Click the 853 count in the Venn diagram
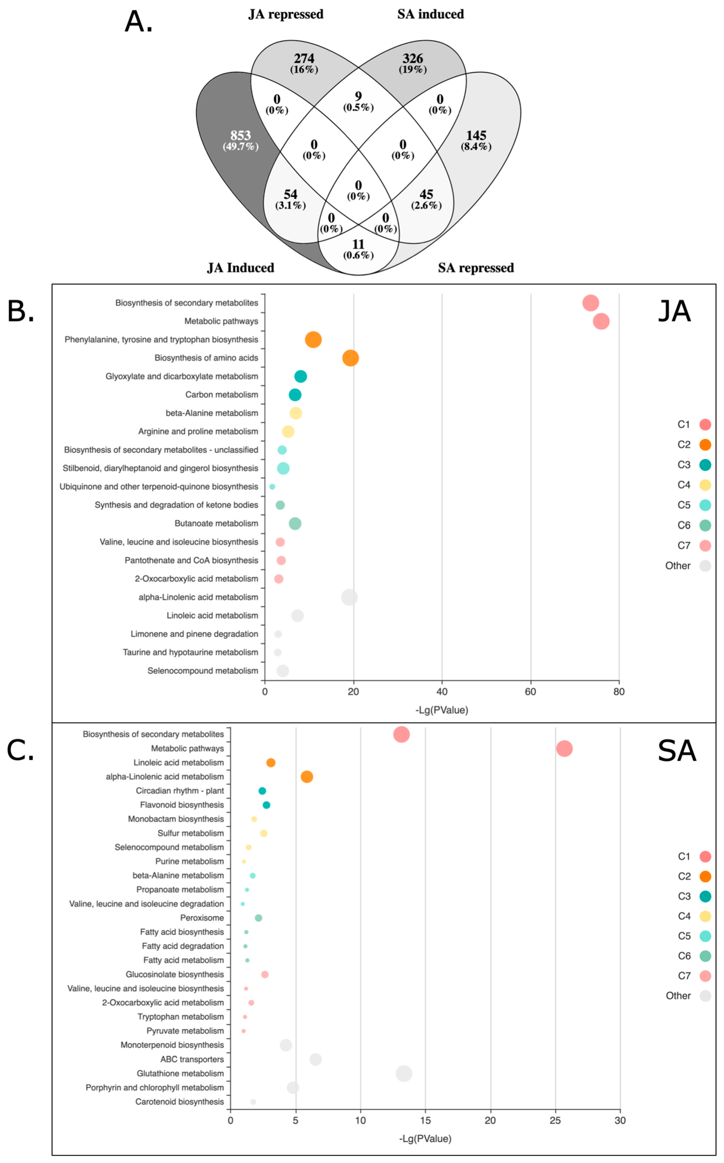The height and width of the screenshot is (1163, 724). [x=240, y=136]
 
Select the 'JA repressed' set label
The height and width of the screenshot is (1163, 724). [x=286, y=14]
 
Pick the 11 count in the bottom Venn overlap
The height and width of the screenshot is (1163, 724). [x=358, y=244]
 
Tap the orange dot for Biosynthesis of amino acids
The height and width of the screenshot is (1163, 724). [x=350, y=358]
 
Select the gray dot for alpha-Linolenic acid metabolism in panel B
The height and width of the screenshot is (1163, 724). [x=350, y=597]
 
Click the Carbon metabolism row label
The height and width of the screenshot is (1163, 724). [x=222, y=395]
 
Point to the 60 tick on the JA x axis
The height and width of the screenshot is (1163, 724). [x=531, y=692]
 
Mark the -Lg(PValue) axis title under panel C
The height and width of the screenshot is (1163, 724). [x=425, y=1139]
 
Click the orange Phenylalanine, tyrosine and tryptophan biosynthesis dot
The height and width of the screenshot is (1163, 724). [x=313, y=340]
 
